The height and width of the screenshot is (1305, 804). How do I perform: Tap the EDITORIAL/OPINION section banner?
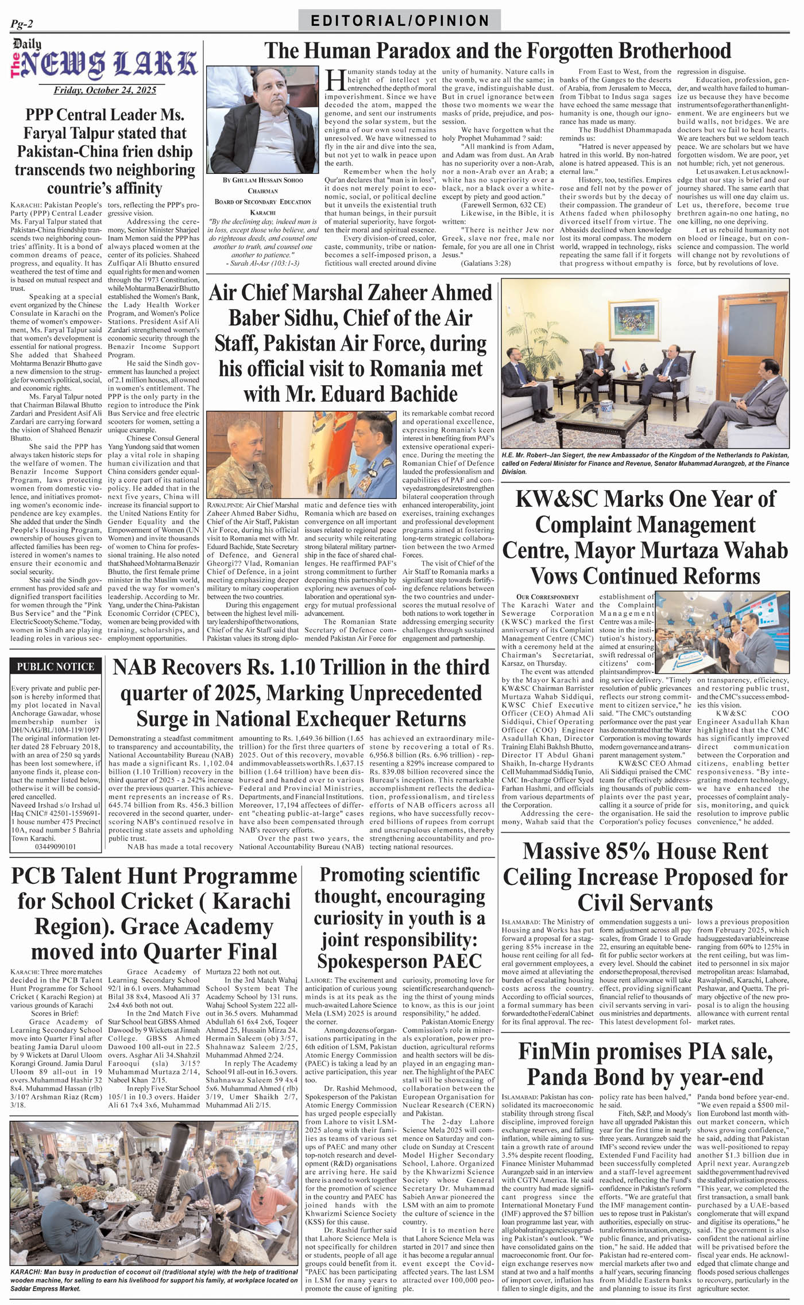pyautogui.click(x=400, y=21)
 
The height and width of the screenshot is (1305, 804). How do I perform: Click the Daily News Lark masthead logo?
pyautogui.click(x=105, y=62)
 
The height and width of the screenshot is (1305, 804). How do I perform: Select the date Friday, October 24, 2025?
pyautogui.click(x=105, y=90)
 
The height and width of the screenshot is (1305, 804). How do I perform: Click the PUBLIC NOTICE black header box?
pyautogui.click(x=56, y=667)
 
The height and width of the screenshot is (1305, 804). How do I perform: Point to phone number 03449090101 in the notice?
pyautogui.click(x=51, y=846)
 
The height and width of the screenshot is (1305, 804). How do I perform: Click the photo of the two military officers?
pyautogui.click(x=302, y=455)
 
